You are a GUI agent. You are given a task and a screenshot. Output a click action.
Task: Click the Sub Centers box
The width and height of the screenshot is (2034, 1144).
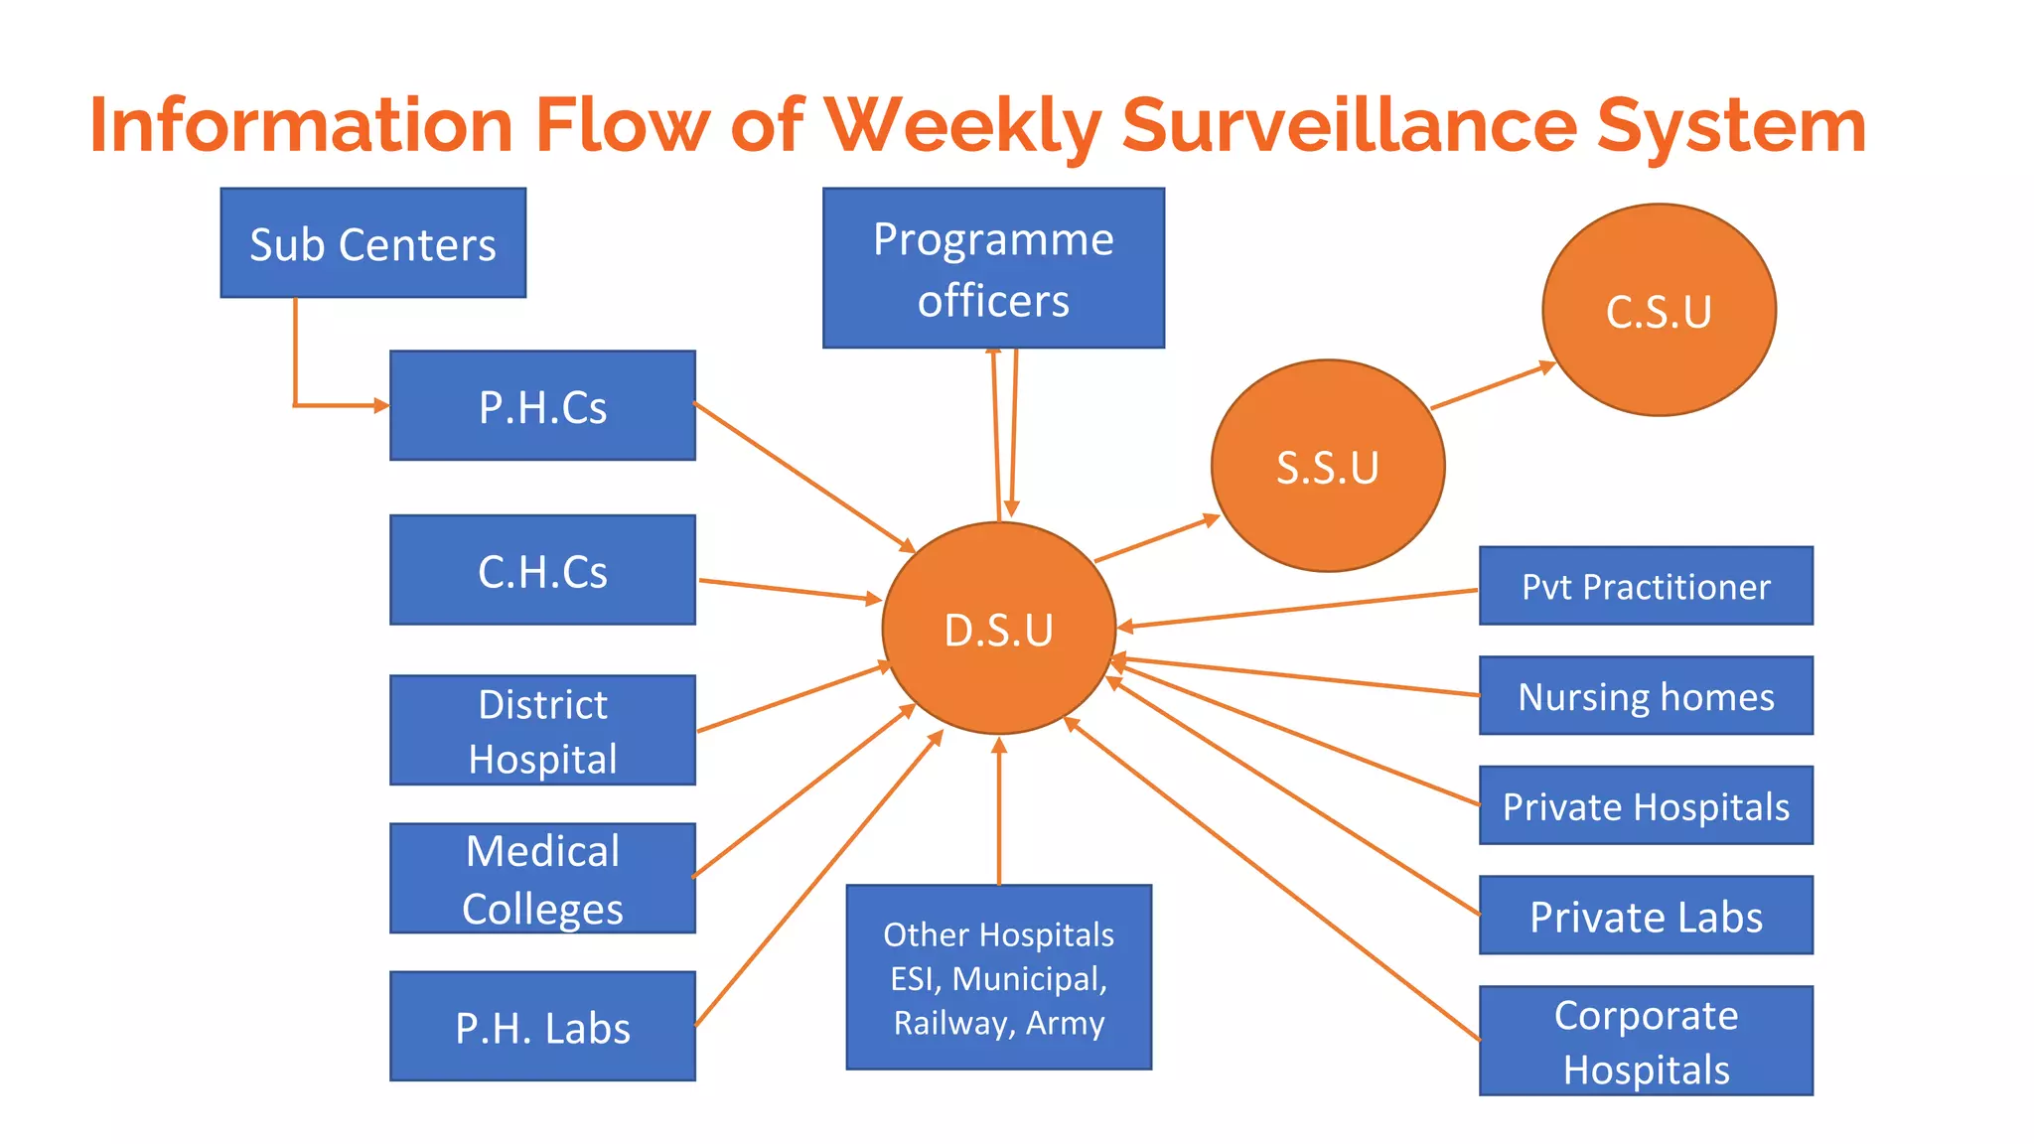(x=372, y=243)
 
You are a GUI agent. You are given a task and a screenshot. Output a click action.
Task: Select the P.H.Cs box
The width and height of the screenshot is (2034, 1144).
(x=542, y=405)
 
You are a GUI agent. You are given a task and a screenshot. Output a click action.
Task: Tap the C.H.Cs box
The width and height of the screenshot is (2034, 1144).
(x=542, y=570)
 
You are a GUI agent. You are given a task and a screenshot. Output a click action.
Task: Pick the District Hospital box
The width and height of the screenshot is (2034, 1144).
(x=542, y=731)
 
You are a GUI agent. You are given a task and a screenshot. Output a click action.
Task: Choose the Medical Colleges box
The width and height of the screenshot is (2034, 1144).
(x=542, y=879)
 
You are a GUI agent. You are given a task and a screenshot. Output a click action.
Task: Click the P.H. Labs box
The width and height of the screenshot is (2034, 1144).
(x=542, y=1026)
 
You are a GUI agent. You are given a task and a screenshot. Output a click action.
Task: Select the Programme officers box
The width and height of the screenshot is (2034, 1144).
(x=993, y=268)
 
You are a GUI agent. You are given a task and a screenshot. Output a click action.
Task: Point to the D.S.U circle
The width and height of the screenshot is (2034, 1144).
(x=998, y=629)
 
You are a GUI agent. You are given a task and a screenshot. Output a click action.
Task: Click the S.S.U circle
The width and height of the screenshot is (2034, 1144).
(x=1328, y=466)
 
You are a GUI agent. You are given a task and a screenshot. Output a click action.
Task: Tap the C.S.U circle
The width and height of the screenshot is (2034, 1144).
(x=1659, y=310)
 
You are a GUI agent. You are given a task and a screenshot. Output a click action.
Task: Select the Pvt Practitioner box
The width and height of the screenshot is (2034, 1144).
(x=1646, y=586)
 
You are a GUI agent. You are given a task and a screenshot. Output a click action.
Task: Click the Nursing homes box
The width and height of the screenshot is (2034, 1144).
(x=1646, y=696)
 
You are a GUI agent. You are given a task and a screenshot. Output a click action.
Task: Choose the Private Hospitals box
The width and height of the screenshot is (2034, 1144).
(x=1646, y=805)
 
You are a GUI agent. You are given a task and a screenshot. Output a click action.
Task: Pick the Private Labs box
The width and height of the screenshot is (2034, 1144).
(x=1646, y=916)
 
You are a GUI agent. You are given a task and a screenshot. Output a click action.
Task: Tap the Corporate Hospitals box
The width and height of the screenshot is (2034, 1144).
(x=1646, y=1041)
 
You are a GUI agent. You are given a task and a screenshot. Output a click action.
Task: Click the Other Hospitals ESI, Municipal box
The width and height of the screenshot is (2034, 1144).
(x=998, y=977)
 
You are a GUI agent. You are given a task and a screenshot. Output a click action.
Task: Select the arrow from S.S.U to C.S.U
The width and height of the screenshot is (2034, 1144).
(x=1492, y=386)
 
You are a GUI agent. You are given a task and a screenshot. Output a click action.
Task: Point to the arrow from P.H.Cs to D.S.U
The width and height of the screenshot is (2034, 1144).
(x=804, y=477)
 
